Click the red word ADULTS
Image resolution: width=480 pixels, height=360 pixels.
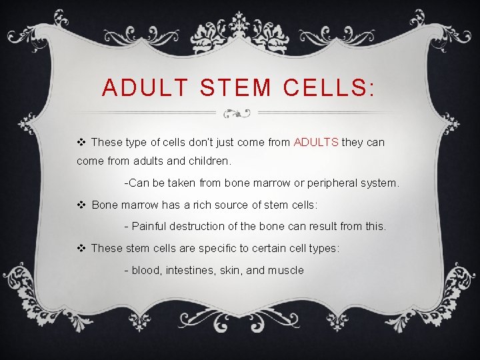(x=316, y=142)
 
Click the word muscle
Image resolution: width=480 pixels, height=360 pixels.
(x=286, y=270)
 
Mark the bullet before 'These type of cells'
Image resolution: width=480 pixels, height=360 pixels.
(x=81, y=142)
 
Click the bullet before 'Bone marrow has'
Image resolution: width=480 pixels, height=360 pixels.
(x=81, y=205)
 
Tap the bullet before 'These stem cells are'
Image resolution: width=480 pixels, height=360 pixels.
(x=81, y=248)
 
